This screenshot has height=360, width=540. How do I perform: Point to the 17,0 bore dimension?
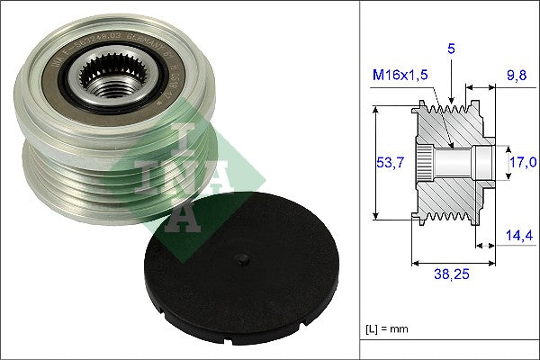[x=524, y=162]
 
